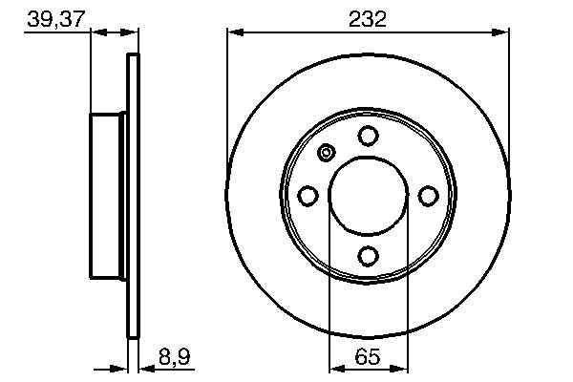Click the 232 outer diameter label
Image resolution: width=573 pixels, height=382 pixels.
(x=368, y=19)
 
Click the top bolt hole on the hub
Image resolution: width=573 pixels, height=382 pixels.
(x=368, y=136)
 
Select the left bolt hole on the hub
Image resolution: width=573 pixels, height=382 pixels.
(x=308, y=196)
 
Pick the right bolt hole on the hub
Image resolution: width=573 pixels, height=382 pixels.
(x=428, y=196)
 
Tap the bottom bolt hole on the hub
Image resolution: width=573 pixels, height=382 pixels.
(x=368, y=255)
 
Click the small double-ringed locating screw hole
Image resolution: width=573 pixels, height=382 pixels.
(x=327, y=153)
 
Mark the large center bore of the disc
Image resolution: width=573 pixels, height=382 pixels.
(x=368, y=196)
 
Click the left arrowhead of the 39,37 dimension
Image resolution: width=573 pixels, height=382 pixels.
(x=96, y=32)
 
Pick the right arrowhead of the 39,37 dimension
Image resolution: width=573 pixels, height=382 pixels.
(x=132, y=32)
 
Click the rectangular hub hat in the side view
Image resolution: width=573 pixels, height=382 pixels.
(x=109, y=196)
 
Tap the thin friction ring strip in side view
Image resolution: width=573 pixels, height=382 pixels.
(x=133, y=196)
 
